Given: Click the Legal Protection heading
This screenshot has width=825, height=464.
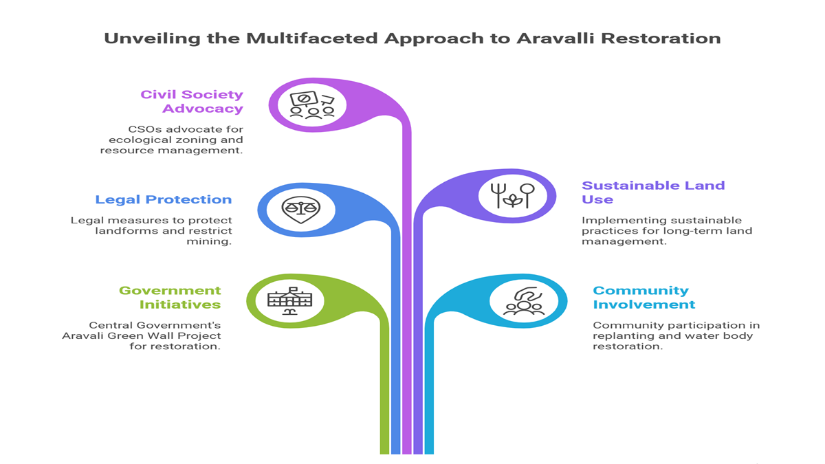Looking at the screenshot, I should [x=164, y=199].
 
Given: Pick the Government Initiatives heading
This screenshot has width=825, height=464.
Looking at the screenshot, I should [x=170, y=297].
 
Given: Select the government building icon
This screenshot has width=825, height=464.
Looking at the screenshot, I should [x=289, y=300].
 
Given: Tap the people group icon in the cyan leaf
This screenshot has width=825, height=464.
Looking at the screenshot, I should [x=524, y=302].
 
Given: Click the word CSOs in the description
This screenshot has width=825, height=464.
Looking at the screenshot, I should [x=144, y=129].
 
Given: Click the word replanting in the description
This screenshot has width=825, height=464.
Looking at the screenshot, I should [x=621, y=336].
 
